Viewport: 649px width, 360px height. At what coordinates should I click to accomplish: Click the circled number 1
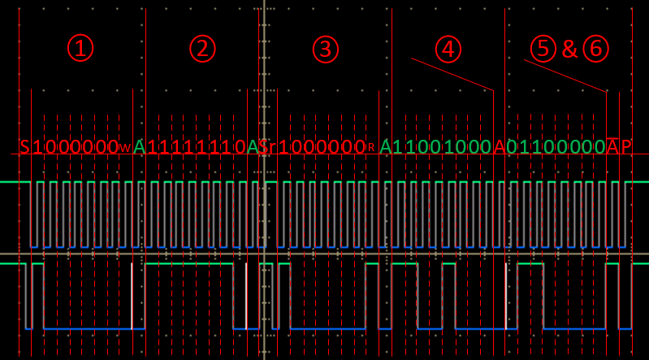click(80, 49)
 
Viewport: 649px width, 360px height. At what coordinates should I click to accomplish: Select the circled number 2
click(202, 49)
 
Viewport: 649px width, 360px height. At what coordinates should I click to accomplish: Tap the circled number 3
click(325, 49)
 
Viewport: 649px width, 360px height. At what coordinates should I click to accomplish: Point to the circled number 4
click(448, 49)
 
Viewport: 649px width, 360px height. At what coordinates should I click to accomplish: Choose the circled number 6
click(595, 49)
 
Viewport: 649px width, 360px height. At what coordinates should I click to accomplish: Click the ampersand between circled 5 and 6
click(569, 50)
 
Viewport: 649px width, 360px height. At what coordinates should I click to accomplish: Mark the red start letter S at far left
click(25, 147)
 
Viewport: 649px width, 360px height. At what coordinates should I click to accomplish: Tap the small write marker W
click(124, 149)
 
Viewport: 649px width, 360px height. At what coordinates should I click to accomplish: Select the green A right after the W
click(139, 147)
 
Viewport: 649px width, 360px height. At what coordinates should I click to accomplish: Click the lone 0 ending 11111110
click(240, 147)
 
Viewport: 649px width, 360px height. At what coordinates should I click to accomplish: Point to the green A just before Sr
click(253, 147)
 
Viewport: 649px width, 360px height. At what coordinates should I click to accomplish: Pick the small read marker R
click(370, 149)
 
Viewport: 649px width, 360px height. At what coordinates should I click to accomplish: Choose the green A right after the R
click(386, 147)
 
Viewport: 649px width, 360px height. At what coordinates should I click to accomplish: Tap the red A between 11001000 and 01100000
click(499, 147)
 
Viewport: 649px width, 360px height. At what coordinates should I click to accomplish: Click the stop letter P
click(625, 147)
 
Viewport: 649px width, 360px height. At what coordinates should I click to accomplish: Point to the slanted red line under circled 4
click(452, 74)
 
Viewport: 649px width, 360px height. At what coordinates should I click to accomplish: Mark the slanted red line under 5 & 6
click(565, 76)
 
